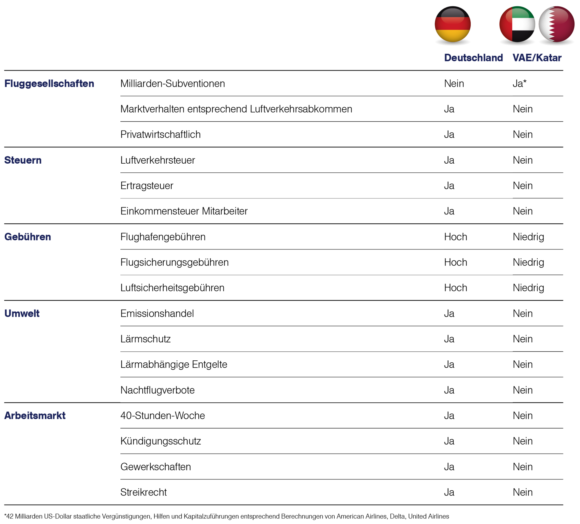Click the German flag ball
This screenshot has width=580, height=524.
click(452, 24)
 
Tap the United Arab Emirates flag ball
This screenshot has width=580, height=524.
click(517, 24)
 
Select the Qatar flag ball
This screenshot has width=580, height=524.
click(557, 24)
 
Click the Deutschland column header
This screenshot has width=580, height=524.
click(473, 58)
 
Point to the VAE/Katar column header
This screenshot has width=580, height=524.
click(537, 58)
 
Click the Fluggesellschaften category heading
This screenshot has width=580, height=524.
click(49, 84)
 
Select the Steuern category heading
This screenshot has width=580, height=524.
click(23, 160)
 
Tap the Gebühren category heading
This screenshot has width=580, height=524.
click(28, 237)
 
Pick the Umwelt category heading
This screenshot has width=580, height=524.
click(22, 313)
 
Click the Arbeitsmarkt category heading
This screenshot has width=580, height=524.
click(35, 415)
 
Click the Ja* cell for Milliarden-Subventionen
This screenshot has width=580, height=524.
click(519, 84)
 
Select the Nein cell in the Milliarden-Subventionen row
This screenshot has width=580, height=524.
click(454, 84)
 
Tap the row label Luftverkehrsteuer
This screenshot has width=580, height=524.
click(158, 160)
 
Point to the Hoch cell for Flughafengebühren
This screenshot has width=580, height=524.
click(456, 237)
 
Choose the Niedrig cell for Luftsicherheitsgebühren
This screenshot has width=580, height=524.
click(528, 288)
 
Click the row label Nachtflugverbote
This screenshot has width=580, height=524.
click(157, 390)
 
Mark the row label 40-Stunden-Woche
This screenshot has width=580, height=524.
click(163, 415)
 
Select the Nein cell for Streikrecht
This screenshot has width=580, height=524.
click(523, 492)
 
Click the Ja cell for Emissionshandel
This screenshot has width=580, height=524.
click(449, 313)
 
